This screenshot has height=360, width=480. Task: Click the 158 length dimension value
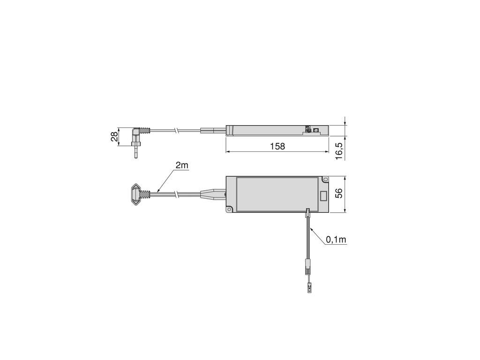point(277,146)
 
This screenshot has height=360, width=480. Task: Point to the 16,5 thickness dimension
point(339,150)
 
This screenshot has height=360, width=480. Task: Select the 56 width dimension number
point(339,193)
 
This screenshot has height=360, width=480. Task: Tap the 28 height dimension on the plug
point(114,136)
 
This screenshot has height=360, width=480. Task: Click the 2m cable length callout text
point(181,165)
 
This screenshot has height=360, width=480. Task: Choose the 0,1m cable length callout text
point(336,240)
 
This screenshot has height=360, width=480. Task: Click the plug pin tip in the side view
point(135,157)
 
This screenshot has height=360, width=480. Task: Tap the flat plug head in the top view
point(136,194)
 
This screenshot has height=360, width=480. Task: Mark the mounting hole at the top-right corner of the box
point(324,179)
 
